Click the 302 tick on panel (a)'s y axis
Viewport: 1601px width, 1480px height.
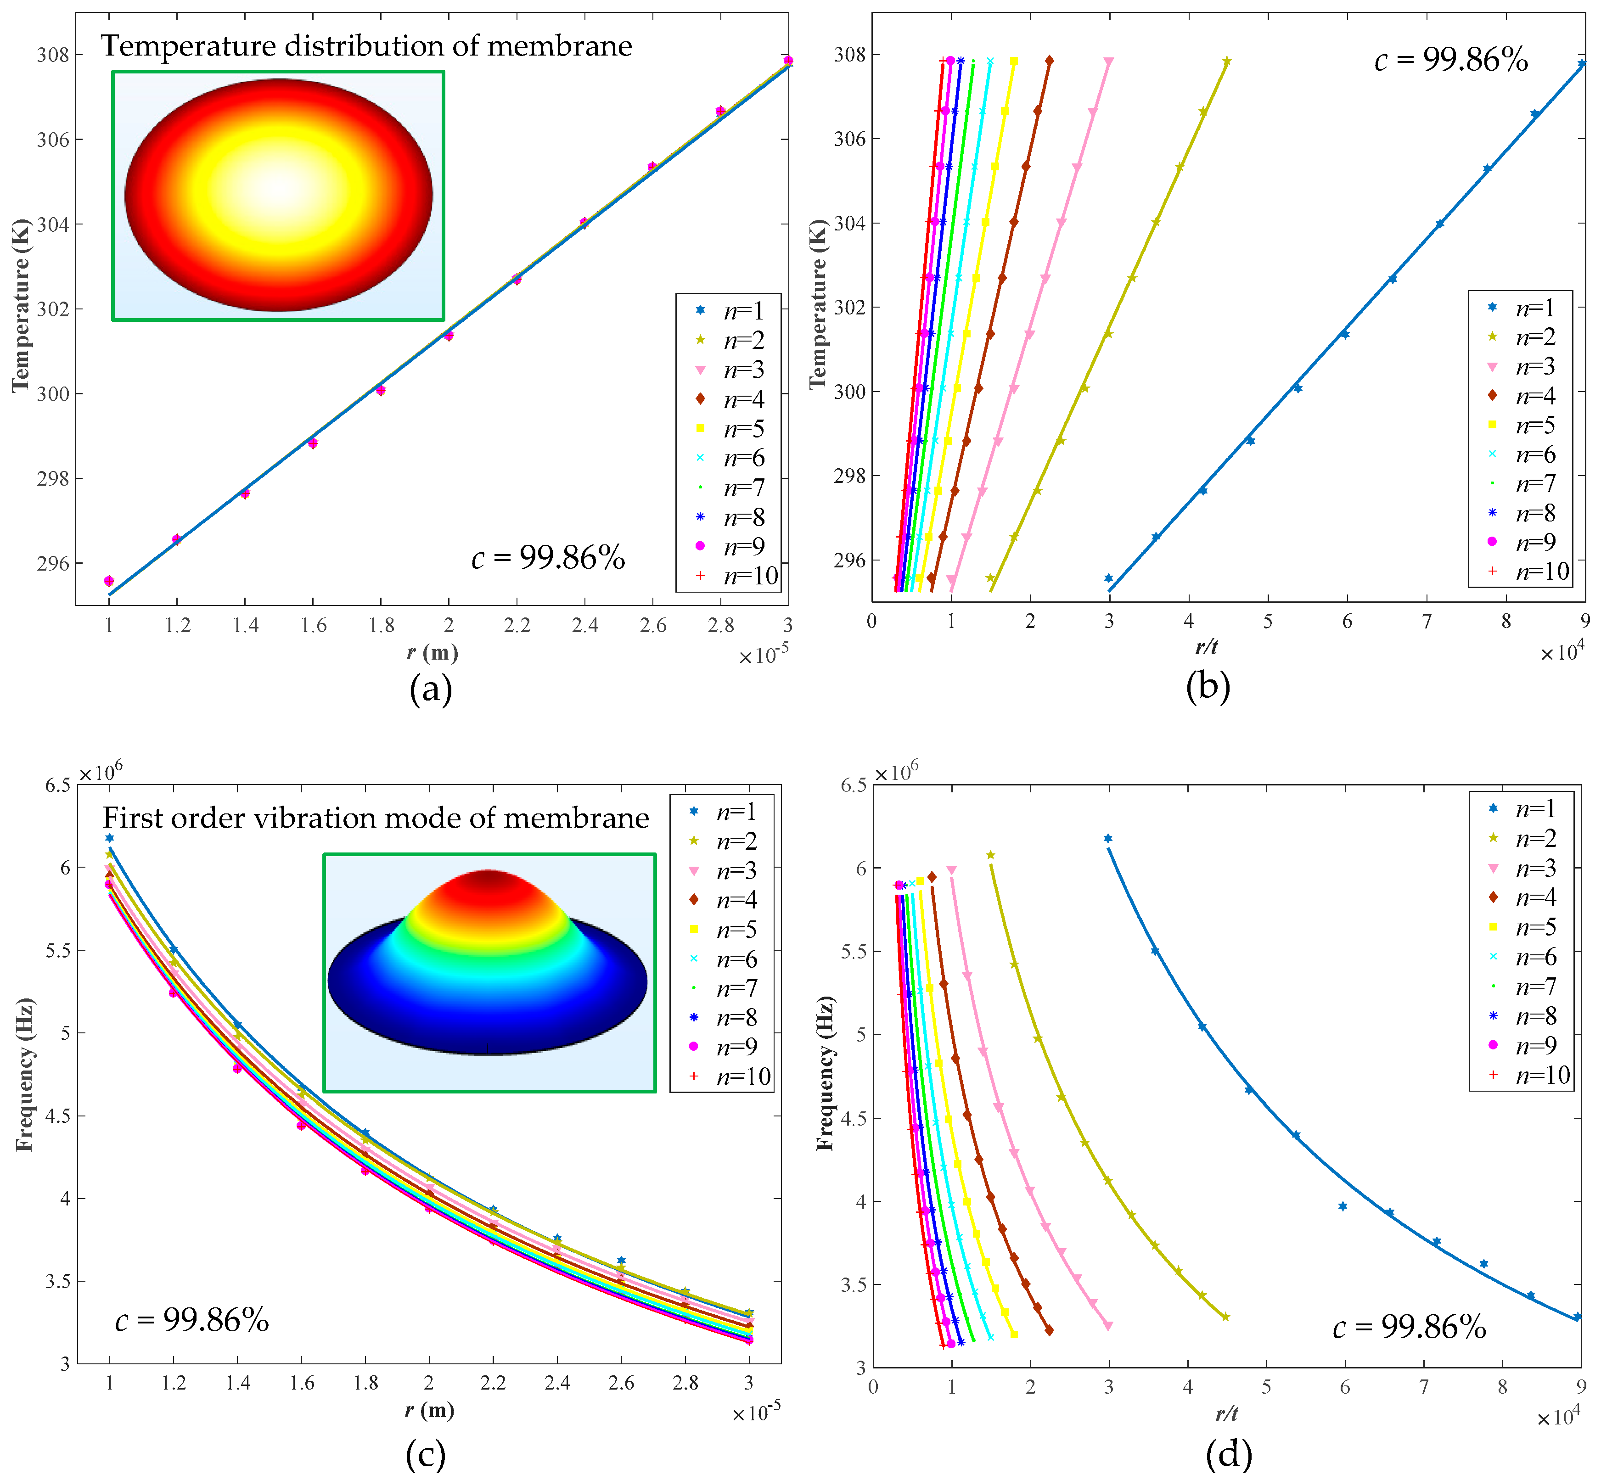pos(53,309)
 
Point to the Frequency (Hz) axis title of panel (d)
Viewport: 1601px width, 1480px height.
pos(825,1073)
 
